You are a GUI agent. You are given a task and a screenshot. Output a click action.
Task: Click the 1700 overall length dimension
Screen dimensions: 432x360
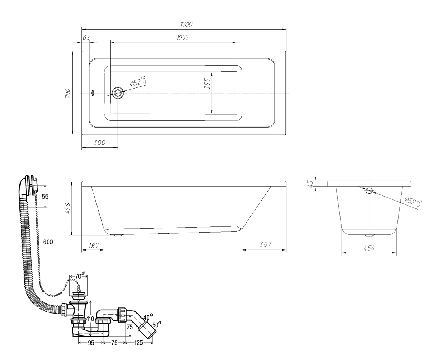[186, 24]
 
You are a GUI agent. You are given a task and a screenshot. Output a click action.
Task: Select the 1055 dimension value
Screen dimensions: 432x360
[183, 37]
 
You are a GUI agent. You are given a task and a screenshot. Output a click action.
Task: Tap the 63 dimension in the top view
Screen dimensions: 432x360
[86, 38]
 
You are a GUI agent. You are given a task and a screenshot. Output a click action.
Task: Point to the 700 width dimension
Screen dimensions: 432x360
[68, 93]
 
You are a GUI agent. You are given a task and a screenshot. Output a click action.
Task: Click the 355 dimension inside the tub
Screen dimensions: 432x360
[207, 84]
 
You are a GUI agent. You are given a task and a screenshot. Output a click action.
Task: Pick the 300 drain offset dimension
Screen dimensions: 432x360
[99, 143]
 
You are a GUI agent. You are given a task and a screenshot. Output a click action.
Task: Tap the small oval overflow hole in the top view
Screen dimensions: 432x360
[93, 93]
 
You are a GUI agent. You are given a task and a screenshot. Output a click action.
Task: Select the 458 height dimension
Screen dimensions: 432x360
[68, 208]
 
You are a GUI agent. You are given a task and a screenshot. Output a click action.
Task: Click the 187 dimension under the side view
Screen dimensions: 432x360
[94, 246]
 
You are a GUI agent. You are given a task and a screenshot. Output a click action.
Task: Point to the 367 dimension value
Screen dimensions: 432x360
[265, 244]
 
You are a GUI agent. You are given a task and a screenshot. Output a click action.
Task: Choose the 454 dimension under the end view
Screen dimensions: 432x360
[369, 248]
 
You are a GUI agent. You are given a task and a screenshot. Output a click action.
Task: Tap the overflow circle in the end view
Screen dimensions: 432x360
[369, 190]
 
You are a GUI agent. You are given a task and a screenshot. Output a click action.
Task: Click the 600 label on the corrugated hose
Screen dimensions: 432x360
[48, 242]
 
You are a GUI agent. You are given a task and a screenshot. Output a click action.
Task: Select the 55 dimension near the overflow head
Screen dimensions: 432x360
[45, 196]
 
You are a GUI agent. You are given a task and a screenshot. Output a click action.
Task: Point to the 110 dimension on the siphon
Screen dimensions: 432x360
[90, 319]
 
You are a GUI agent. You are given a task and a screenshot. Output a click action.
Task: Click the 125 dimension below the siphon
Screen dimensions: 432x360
[138, 343]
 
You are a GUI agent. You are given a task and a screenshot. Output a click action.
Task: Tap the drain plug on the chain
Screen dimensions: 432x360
[78, 294]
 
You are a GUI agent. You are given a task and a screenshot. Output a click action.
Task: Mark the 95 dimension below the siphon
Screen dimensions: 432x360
[91, 343]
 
